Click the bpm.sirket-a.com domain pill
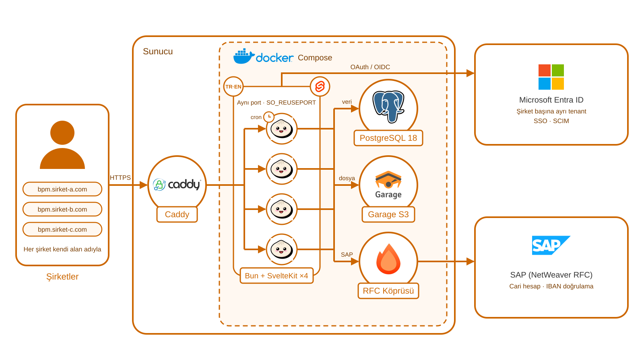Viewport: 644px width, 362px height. pos(62,189)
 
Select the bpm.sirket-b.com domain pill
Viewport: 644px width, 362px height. pos(62,210)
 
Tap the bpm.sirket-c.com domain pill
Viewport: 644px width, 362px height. pos(62,230)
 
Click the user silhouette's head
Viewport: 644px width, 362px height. pos(62,133)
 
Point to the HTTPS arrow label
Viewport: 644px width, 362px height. pos(120,177)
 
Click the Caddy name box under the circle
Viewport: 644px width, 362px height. pos(177,214)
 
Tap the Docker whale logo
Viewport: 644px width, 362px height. pos(244,56)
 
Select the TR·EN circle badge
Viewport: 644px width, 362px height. pos(233,86)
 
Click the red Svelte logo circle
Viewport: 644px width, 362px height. pos(320,86)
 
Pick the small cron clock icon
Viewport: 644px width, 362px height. pos(269,117)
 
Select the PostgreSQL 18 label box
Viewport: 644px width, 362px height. pos(388,138)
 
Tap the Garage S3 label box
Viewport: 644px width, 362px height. pos(388,215)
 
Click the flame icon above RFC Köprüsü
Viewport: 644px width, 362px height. pos(388,259)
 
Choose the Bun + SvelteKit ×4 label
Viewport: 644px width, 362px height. pos(277,276)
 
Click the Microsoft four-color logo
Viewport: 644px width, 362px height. pos(551,77)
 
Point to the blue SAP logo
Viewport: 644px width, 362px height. pos(551,245)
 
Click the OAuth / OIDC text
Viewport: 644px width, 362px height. pos(370,67)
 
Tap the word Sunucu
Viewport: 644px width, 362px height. pos(158,51)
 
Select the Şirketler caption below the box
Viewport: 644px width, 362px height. pos(62,277)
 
